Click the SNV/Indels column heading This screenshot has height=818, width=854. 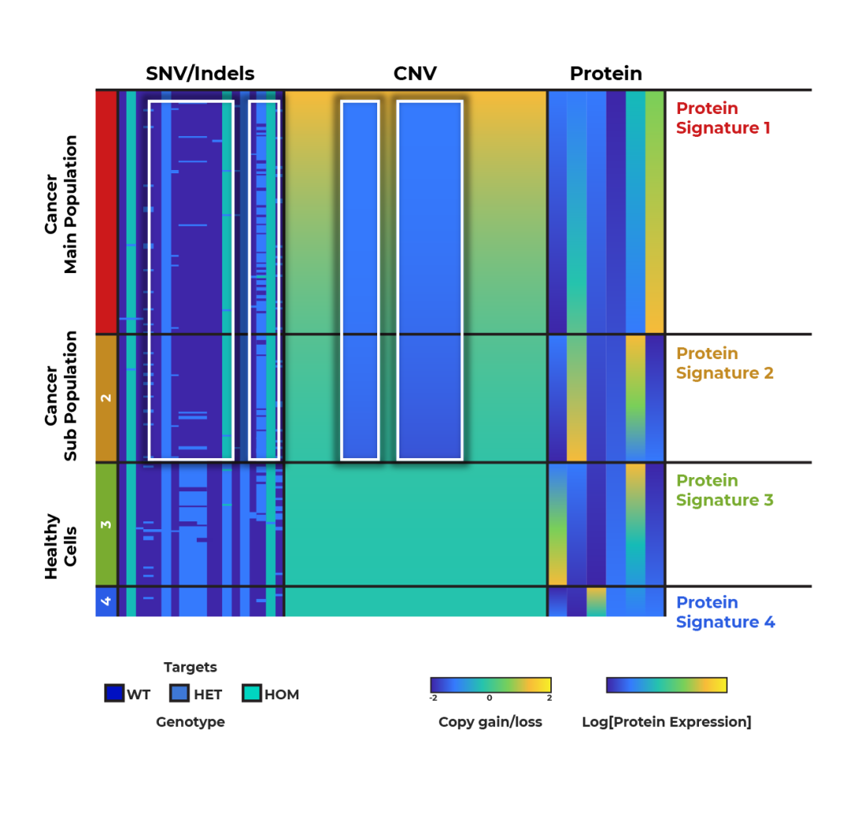coord(200,74)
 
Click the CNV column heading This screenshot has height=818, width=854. coord(415,74)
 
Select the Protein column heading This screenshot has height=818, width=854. coord(606,74)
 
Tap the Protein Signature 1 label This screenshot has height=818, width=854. coord(723,118)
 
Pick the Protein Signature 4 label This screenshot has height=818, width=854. coord(725,612)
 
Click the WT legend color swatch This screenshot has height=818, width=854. coord(115,694)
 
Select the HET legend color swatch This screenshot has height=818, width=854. coord(180,694)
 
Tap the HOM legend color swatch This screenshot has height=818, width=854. coord(251,694)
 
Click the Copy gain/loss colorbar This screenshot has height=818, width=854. coord(490,684)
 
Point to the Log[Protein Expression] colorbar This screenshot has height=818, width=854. coord(666,684)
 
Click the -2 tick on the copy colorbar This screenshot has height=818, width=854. coord(433,698)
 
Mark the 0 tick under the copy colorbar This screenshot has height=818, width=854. coord(489,698)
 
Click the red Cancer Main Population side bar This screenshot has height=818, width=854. coord(106,211)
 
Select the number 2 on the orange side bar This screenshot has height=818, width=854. coord(107,398)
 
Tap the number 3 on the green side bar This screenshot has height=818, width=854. coord(107,525)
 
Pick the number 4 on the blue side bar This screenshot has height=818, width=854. coord(107,601)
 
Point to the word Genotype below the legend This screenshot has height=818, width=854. coord(190,721)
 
